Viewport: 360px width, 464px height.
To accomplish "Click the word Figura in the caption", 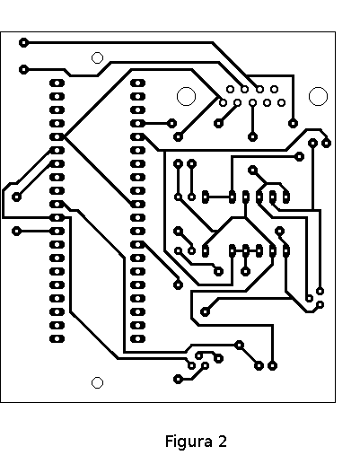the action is tap(189, 442).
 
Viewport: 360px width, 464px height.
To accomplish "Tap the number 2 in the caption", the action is tap(223, 442).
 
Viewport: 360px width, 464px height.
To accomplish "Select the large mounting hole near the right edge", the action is tap(318, 96).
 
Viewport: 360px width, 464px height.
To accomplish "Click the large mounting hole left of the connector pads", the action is tap(186, 96).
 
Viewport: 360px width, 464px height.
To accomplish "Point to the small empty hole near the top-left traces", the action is tap(97, 57).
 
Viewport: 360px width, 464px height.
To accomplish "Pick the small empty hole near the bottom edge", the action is tap(97, 382).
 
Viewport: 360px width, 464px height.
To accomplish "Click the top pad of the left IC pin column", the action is tap(57, 83).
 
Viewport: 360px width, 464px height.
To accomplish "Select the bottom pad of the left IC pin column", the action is tap(57, 338).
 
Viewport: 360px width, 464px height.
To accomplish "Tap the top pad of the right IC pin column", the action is tap(137, 83).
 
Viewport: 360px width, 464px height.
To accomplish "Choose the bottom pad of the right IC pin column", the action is tap(137, 338).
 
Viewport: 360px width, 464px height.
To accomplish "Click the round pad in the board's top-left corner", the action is tap(23, 43).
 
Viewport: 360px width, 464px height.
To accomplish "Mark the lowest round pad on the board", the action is tap(178, 380).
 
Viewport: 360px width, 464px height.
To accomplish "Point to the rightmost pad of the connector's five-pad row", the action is tap(281, 103).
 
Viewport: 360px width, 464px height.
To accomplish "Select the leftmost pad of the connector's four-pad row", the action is tap(230, 89).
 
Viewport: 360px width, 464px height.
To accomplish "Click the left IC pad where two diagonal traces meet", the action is tap(57, 136).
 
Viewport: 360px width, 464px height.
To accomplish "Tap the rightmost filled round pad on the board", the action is tap(326, 144).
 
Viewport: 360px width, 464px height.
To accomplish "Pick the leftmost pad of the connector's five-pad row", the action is tap(223, 103).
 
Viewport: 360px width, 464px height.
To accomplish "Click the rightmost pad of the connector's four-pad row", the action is tap(274, 89).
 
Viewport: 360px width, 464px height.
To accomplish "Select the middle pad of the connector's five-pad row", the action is tap(253, 103).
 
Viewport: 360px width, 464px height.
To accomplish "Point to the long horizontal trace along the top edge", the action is tap(119, 43).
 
